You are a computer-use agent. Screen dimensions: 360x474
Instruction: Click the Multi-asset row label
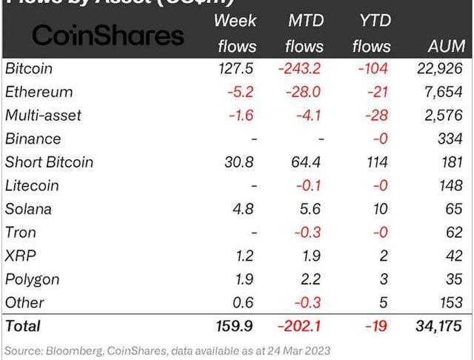[x=43, y=116]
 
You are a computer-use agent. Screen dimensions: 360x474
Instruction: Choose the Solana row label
[x=29, y=209]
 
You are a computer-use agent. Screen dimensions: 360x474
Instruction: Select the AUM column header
[x=447, y=46]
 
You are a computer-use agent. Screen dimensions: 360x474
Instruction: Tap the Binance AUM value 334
[x=450, y=139]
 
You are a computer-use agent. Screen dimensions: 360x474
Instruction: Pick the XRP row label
[x=21, y=256]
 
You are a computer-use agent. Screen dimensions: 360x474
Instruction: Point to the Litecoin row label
[x=31, y=186]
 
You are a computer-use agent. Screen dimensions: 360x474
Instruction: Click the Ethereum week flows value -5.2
[x=243, y=92]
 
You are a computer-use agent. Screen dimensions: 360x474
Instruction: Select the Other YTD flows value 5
[x=383, y=302]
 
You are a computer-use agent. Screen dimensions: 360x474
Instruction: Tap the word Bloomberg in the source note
[x=73, y=350]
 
